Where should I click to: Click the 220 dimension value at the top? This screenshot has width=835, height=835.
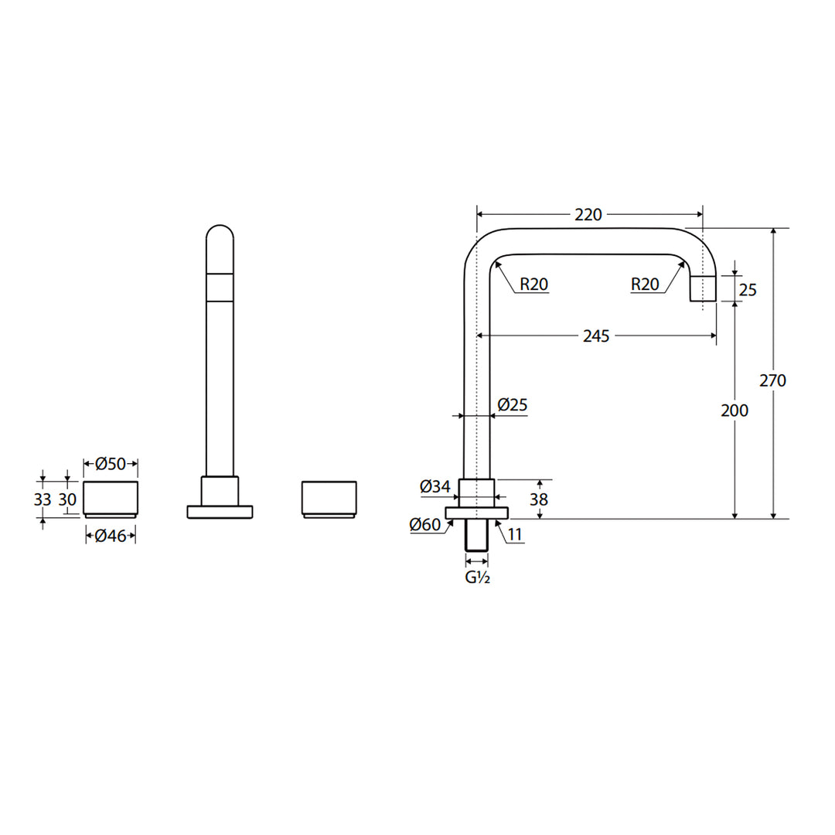588,214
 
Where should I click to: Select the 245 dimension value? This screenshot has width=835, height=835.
596,336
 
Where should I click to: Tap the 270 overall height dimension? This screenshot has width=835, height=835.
772,380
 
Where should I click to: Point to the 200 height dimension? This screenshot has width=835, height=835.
734,411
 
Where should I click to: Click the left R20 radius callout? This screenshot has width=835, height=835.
533,285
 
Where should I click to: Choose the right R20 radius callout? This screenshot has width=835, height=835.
645,285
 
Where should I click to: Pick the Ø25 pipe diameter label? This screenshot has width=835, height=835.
513,404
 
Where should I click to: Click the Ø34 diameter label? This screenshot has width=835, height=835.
435,487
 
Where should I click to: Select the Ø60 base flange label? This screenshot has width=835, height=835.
425,525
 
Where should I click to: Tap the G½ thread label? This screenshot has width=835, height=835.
477,578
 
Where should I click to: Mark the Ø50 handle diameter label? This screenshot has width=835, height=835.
111,464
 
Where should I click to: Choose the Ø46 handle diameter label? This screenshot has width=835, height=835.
111,534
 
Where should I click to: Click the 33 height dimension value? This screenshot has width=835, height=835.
43,499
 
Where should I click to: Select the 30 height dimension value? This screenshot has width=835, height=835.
68,499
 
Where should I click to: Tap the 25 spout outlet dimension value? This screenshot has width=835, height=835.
748,290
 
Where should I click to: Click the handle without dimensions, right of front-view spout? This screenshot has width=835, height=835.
329,499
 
